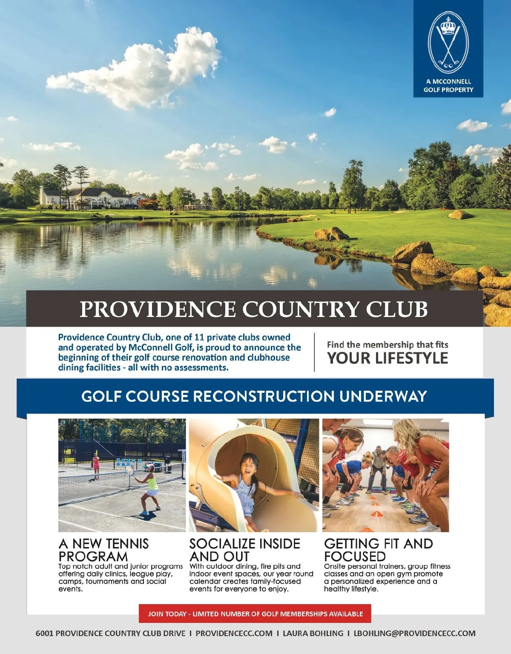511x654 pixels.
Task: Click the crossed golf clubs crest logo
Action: coord(448,43)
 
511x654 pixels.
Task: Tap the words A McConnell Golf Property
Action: coord(448,85)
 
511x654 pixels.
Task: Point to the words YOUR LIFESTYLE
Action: coord(387,358)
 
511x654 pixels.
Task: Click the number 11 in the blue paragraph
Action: coord(199,337)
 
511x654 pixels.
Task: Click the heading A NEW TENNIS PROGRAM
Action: coord(103,550)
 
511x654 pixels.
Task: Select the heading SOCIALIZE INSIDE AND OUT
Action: coord(244,550)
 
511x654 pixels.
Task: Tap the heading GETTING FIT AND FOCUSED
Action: coord(378,550)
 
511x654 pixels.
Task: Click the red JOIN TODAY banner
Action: coord(255,614)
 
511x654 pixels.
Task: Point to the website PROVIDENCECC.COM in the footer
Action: coord(234,634)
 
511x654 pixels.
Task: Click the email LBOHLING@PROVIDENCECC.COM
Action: coord(414,634)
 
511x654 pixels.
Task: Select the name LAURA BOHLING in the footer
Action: coord(313,634)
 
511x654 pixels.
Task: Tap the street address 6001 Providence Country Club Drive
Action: coord(110,634)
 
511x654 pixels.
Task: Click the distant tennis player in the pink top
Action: coord(96,466)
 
